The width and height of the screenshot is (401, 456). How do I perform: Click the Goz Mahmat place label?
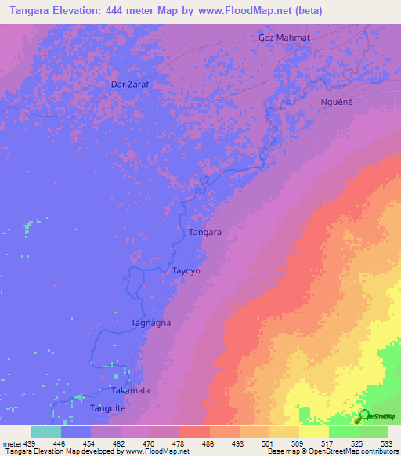pyautogui.click(x=284, y=38)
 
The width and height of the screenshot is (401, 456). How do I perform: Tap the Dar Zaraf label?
pyautogui.click(x=130, y=82)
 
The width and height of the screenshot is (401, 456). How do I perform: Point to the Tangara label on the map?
pyautogui.click(x=205, y=233)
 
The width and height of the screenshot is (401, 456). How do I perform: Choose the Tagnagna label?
pyautogui.click(x=150, y=323)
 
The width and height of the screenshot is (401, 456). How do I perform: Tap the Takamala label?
pyautogui.click(x=130, y=390)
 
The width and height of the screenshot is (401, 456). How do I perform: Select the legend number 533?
pyautogui.click(x=387, y=443)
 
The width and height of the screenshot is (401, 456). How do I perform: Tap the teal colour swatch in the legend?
pyautogui.click(x=45, y=432)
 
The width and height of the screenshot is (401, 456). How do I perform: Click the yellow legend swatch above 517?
pyautogui.click(x=313, y=432)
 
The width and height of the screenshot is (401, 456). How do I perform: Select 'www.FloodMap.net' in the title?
pyautogui.click(x=244, y=10)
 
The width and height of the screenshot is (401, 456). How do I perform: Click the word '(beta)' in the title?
pyautogui.click(x=306, y=10)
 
